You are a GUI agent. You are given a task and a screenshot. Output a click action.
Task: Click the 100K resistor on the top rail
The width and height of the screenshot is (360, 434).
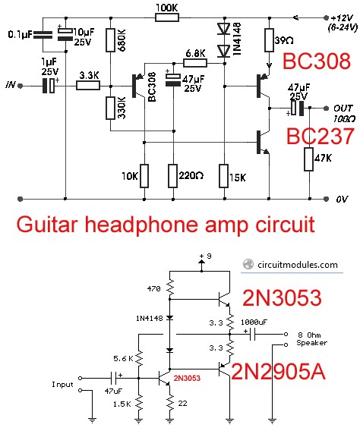click(x=167, y=18)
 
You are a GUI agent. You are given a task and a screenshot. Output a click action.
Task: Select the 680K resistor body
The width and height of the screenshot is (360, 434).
click(x=110, y=40)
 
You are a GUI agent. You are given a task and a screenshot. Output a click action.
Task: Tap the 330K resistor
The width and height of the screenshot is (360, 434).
click(x=110, y=108)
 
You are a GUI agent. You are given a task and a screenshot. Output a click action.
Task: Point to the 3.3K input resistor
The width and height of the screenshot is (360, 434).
click(x=88, y=86)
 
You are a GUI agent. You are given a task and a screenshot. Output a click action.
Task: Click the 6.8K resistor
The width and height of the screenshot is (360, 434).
click(x=195, y=64)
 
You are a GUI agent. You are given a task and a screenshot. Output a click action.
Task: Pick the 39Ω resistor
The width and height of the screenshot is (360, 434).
click(x=269, y=40)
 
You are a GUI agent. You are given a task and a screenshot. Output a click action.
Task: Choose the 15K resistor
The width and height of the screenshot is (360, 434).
click(x=224, y=176)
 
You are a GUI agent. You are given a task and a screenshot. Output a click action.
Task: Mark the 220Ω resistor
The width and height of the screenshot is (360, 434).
click(x=173, y=176)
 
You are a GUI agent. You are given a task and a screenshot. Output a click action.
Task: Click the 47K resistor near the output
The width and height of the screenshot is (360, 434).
click(x=309, y=159)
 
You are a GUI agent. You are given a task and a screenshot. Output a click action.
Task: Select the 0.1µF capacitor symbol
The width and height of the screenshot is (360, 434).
click(x=43, y=35)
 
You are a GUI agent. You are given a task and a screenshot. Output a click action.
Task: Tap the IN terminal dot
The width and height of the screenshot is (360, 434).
click(x=20, y=86)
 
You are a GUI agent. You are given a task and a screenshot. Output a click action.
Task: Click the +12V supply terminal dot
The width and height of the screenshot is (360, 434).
click(x=326, y=18)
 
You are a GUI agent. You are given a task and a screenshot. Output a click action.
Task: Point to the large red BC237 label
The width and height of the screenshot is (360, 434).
click(x=320, y=136)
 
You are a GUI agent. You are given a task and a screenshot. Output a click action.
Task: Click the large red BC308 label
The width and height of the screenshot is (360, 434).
click(x=317, y=61)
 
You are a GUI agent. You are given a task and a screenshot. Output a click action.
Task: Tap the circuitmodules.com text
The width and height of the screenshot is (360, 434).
click(x=298, y=265)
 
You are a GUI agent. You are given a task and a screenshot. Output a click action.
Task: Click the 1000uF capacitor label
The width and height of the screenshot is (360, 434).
click(x=254, y=322)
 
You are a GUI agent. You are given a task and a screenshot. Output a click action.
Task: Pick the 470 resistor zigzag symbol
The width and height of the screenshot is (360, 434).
click(x=169, y=287)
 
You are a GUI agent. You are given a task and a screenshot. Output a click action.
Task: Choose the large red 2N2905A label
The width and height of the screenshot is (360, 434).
click(x=278, y=372)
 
